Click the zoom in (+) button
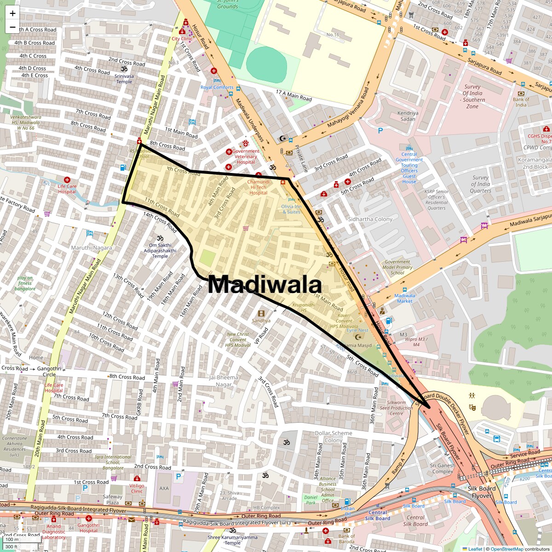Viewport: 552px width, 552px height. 12,13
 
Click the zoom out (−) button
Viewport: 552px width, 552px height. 12,27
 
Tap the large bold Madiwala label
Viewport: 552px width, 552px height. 264,284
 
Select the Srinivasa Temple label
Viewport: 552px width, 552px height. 124,79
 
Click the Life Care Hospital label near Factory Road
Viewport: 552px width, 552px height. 67,189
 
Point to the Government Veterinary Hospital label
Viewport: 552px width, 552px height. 246,156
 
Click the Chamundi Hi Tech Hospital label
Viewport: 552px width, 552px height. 259,187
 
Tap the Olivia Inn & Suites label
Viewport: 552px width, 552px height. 291,209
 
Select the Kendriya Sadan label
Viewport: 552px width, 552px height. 408,116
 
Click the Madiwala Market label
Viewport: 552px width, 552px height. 405,299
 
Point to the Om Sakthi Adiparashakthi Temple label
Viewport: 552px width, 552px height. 160,251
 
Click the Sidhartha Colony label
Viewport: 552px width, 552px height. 370,219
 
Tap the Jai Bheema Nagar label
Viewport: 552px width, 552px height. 224,381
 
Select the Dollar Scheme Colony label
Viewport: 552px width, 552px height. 333,437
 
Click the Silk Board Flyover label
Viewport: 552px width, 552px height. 482,492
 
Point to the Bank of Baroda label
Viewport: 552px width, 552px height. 346,539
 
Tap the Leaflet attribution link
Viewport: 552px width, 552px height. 475,549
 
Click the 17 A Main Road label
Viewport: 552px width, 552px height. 293,95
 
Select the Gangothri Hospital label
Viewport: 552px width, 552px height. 88,528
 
